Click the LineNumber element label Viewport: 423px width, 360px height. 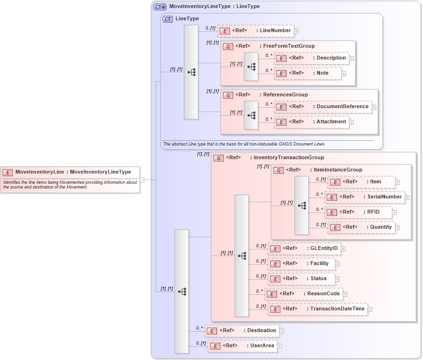pos(275,31)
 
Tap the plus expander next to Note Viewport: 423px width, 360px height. pos(344,74)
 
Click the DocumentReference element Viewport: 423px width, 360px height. pos(323,107)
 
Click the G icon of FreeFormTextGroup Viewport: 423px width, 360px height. pos(228,46)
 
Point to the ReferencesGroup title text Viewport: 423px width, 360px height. pos(285,95)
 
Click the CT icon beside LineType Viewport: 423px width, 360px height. pos(168,19)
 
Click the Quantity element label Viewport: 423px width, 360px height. pos(381,227)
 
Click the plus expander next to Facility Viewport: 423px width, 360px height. pos(337,264)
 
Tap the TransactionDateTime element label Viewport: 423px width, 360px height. pos(337,309)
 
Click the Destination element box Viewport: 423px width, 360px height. pos(242,331)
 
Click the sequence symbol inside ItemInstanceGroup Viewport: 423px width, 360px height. pos(302,206)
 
